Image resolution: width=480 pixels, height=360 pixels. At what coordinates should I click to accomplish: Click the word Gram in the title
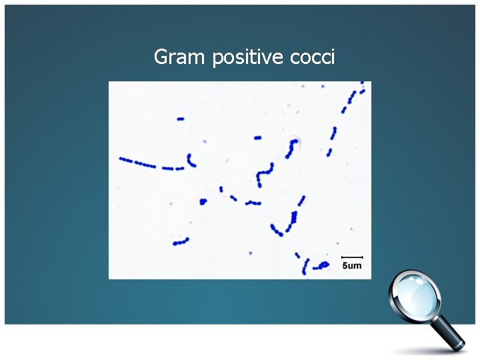180,57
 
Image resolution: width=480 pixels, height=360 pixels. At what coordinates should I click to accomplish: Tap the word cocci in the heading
313,57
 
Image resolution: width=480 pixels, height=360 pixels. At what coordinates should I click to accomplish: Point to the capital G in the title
161,57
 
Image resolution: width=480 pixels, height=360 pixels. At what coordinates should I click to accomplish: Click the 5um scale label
351,266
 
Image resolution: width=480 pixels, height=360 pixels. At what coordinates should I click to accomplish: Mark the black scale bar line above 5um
351,257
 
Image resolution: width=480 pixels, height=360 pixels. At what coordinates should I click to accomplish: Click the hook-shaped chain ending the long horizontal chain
191,161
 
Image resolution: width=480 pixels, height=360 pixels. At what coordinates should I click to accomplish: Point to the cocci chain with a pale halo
292,147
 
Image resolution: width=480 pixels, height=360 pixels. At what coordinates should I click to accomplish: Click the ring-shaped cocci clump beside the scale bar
323,265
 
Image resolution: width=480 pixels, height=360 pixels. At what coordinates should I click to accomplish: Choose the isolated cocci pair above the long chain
180,119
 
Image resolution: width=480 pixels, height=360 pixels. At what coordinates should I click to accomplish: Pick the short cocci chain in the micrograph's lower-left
180,242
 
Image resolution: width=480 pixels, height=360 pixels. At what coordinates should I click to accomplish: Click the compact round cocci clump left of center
203,201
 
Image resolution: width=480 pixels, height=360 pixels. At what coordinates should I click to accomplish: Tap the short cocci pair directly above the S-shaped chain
258,138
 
